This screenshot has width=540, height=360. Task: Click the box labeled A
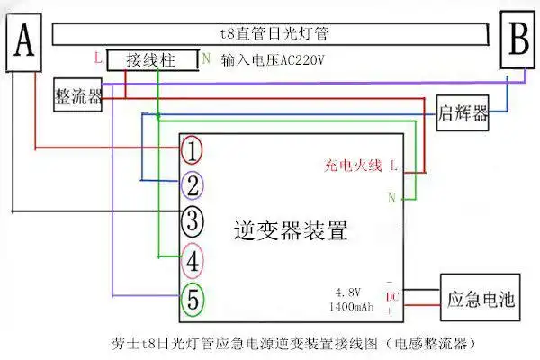(x=25, y=42)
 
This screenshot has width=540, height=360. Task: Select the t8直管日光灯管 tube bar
(x=274, y=35)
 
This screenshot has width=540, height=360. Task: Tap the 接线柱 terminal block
(x=150, y=60)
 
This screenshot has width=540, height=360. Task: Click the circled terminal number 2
(x=192, y=185)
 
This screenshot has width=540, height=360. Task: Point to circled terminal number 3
(x=192, y=220)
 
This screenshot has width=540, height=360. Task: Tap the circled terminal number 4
(x=192, y=260)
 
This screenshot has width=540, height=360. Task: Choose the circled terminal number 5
(x=192, y=297)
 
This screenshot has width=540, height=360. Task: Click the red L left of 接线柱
(x=97, y=58)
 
